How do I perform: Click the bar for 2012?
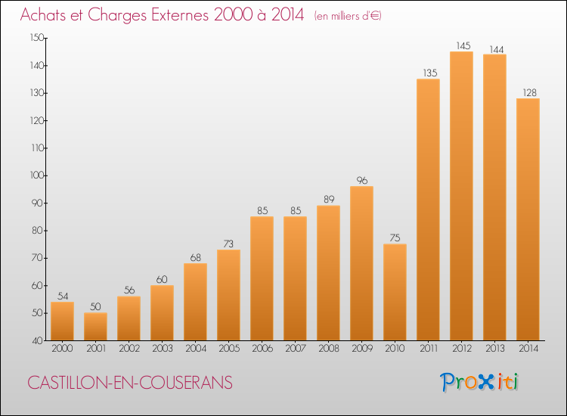pos(461,196)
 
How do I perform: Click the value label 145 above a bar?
pos(461,45)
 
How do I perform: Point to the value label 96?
pos(361,180)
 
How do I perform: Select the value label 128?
pos(528,92)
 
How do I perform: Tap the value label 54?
pos(62,296)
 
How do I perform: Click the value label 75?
pos(395,237)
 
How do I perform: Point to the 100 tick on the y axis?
pos(36,175)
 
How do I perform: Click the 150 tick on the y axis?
pos(36,38)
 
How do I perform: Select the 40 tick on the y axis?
pos(38,340)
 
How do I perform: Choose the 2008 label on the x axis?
pos(328,349)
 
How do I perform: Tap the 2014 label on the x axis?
pos(528,349)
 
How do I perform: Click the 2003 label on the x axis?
pos(162,349)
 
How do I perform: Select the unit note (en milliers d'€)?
pos(347,16)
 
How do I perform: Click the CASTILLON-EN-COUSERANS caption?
pos(130,383)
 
